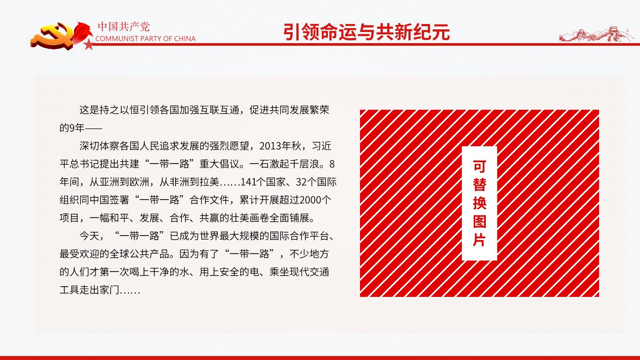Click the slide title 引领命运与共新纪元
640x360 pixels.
[367, 32]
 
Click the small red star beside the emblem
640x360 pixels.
[89, 44]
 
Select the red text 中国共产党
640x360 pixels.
[124, 27]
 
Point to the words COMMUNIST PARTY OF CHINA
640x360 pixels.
[145, 39]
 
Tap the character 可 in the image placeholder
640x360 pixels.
[480, 167]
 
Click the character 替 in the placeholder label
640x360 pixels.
[480, 185]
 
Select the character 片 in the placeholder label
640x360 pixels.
[480, 240]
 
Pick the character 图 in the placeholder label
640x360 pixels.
[480, 221]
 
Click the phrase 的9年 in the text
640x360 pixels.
[72, 128]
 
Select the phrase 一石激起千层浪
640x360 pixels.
[284, 164]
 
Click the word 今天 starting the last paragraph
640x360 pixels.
[89, 236]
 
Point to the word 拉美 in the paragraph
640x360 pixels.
[209, 182]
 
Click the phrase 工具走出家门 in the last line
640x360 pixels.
[89, 290]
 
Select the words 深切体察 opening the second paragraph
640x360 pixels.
[100, 146]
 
